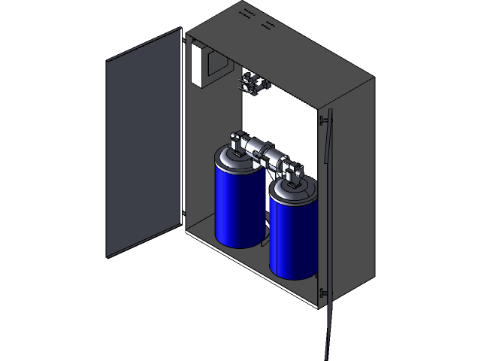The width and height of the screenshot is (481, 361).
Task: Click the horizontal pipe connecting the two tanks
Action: pos(267,150)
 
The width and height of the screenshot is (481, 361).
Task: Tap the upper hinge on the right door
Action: pos(322,120)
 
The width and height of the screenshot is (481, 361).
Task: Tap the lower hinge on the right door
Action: pos(322,292)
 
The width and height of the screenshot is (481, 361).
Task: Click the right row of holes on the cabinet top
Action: pos(267,26)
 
